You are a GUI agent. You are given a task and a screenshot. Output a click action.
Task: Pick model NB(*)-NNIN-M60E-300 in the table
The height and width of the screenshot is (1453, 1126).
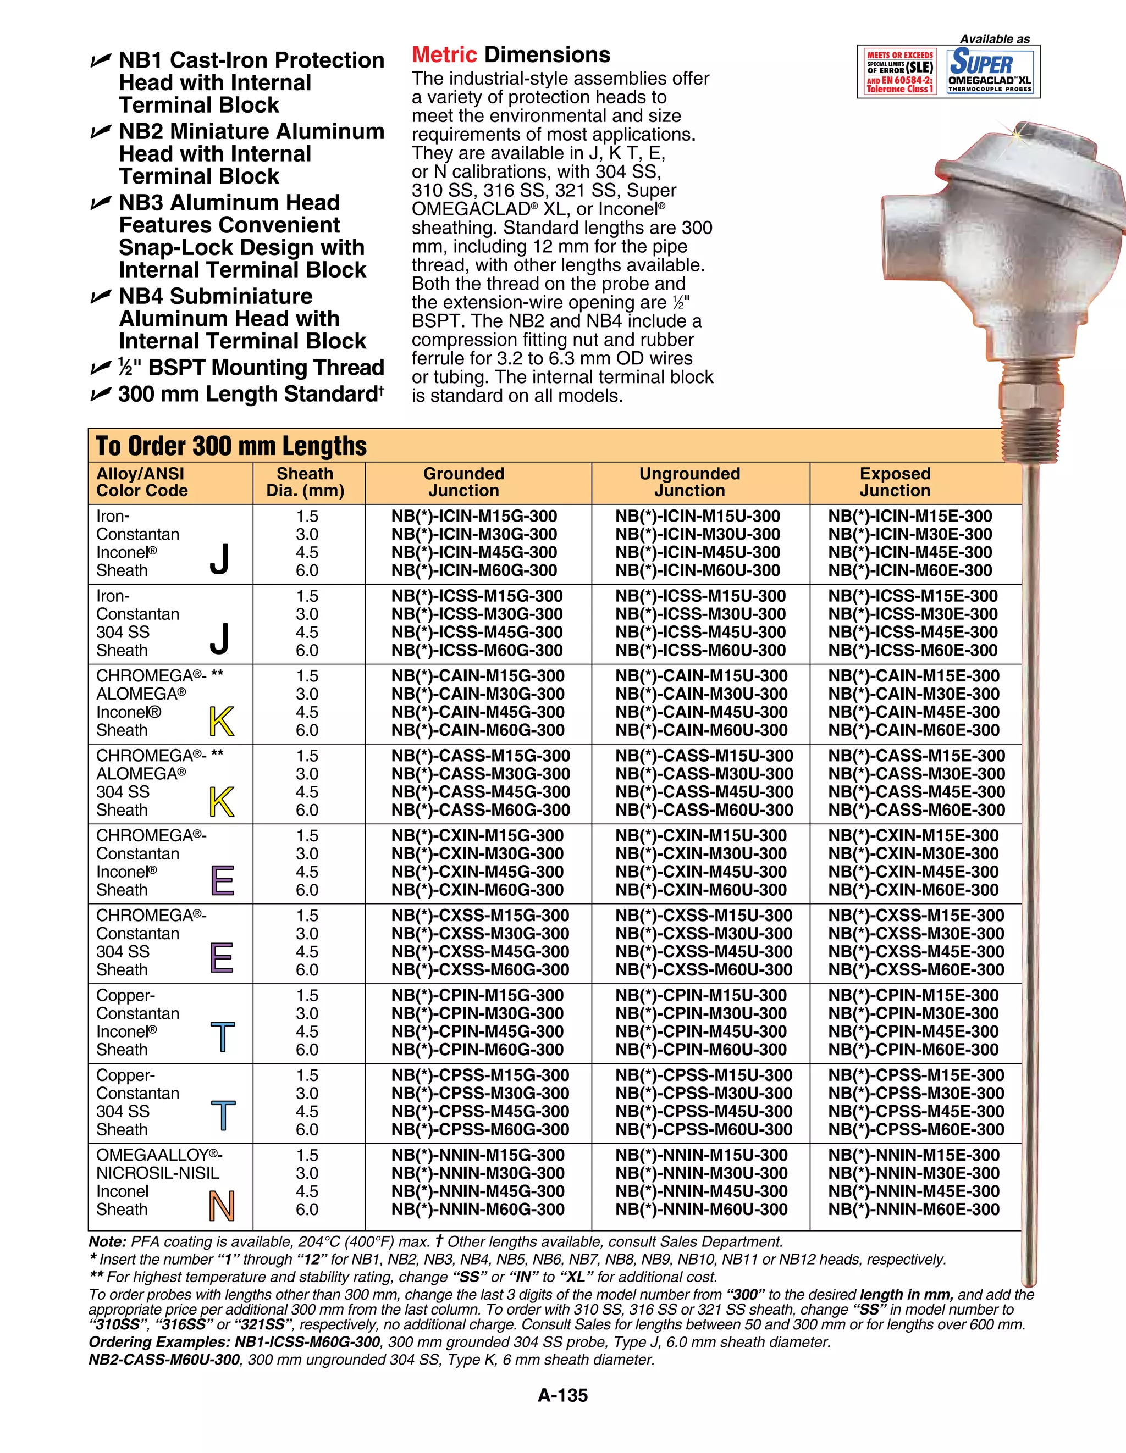[x=913, y=1210]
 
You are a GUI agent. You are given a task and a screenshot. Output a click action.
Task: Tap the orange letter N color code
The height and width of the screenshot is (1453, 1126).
[x=222, y=1206]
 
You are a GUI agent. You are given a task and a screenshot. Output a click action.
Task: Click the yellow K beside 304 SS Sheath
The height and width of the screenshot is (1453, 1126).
[x=222, y=802]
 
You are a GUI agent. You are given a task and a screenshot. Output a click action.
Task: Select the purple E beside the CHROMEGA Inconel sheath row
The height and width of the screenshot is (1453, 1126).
[x=222, y=881]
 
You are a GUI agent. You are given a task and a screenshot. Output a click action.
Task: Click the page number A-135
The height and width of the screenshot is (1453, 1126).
[x=562, y=1396]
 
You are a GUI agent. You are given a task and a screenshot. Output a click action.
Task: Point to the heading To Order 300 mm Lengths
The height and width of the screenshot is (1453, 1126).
[x=231, y=446]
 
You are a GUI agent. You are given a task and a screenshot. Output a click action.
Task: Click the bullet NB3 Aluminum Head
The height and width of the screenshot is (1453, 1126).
[x=229, y=202]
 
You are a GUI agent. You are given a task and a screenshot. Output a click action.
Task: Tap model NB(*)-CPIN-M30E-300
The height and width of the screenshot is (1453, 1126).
[x=913, y=1013]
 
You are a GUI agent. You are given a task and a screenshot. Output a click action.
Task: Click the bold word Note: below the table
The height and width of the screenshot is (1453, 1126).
[x=107, y=1241]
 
